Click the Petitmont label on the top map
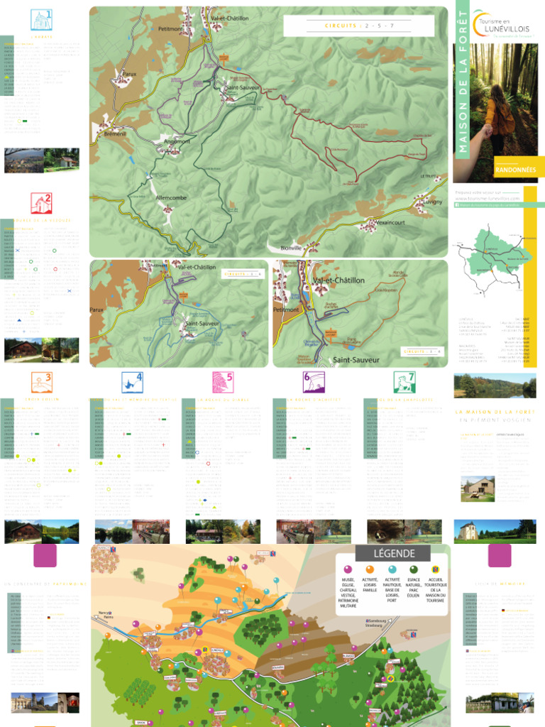tap(171, 29)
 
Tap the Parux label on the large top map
tap(129, 73)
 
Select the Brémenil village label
tap(114, 133)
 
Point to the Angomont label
tap(177, 141)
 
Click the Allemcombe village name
tap(170, 197)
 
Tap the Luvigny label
tap(432, 202)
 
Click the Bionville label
tap(291, 247)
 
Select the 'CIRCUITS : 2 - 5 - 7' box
tap(359, 26)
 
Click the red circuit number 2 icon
tap(41, 204)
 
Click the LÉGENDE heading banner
tap(393, 553)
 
